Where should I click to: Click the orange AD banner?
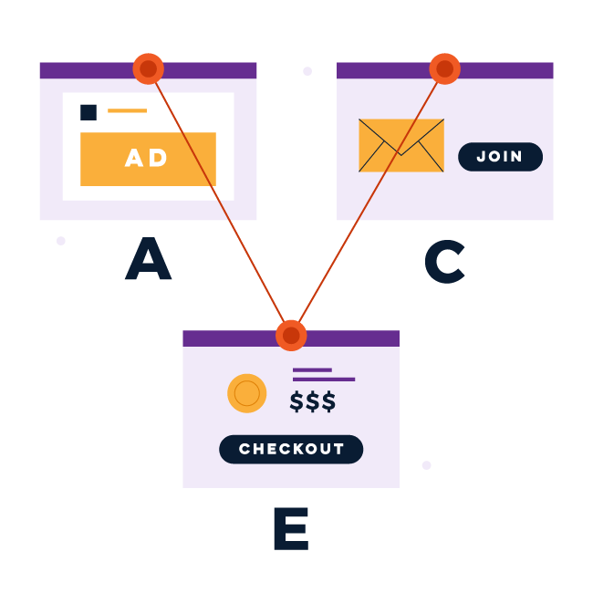click(148, 159)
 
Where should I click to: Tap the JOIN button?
click(500, 157)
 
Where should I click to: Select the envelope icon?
click(401, 145)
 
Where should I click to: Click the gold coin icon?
click(246, 393)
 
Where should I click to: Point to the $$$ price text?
click(313, 401)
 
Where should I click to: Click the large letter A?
click(148, 260)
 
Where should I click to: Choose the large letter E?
click(290, 528)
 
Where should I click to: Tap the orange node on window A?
click(148, 68)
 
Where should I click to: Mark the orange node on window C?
click(444, 68)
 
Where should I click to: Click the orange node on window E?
click(291, 335)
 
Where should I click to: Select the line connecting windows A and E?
click(219, 201)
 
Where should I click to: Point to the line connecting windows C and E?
click(368, 201)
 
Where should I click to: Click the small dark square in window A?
click(88, 112)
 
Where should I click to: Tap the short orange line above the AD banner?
click(127, 110)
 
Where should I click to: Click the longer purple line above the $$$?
click(324, 379)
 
